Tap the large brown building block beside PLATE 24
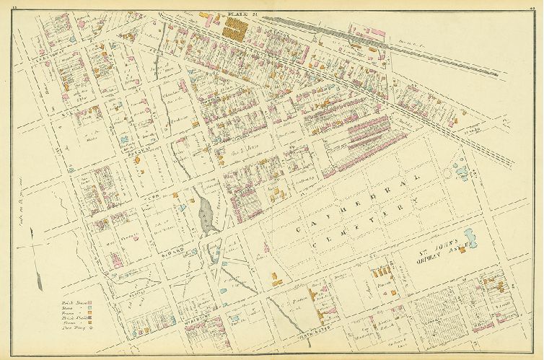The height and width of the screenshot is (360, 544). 234,28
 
